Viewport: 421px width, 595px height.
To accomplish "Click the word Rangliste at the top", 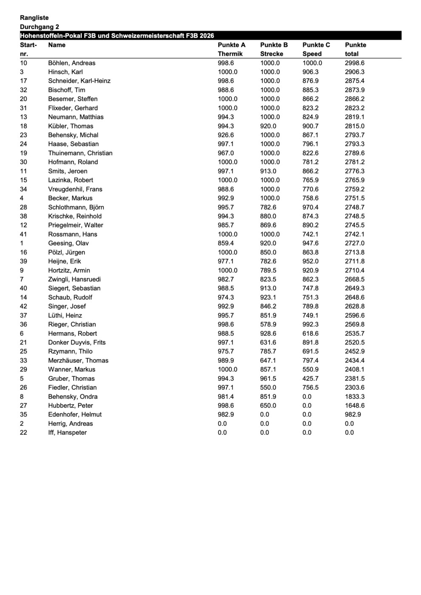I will [x=34, y=18].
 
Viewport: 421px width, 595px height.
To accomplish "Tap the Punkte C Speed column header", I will [x=316, y=49].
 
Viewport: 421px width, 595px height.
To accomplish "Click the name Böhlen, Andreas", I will [x=71, y=63].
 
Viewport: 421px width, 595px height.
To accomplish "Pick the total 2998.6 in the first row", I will [x=354, y=63].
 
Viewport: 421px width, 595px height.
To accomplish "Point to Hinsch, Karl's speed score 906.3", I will [x=310, y=72].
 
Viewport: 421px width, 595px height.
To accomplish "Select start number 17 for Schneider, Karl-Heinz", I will [x=23, y=81].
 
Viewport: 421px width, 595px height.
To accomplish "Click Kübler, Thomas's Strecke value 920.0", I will [x=268, y=126].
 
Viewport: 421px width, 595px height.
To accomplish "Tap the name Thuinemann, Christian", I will [x=80, y=153].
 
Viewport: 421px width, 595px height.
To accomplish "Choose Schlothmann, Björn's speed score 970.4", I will [x=310, y=207].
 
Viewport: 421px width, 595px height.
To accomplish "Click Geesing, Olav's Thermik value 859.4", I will [x=226, y=243].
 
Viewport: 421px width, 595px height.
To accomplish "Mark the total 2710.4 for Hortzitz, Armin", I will [x=354, y=270].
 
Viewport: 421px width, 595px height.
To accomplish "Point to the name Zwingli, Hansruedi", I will [x=74, y=279].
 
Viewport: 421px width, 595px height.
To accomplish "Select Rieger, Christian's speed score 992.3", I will [x=310, y=324].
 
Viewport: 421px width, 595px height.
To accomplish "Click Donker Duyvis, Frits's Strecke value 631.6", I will [x=268, y=342].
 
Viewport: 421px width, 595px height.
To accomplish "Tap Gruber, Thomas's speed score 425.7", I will [x=310, y=378].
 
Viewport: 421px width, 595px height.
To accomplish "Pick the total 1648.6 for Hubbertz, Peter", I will [x=354, y=405].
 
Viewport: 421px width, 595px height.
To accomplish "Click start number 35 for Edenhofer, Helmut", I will [x=23, y=414].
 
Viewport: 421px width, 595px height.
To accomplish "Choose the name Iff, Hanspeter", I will [x=67, y=432].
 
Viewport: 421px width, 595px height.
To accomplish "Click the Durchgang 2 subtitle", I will [x=39, y=27].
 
